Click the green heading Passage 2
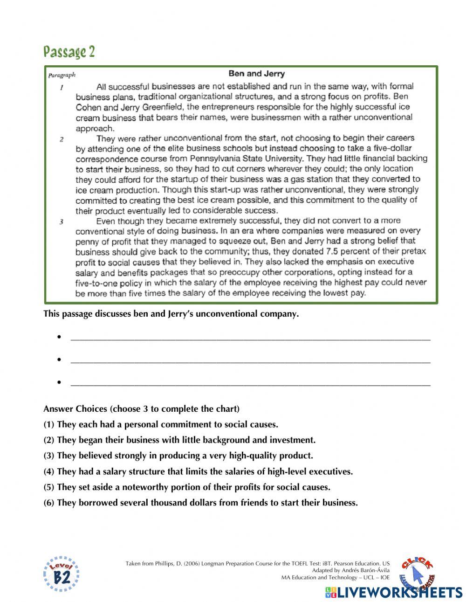[x=69, y=51]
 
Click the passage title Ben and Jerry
[x=256, y=74]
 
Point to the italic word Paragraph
[x=62, y=75]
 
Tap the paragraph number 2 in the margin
[x=62, y=139]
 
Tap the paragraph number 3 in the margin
[x=62, y=221]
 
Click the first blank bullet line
[x=250, y=338]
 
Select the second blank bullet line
[x=250, y=360]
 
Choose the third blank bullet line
[x=250, y=383]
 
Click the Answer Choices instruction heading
[x=141, y=409]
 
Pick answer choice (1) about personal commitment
[x=160, y=424]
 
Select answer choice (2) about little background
[x=179, y=440]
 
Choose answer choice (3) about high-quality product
[x=178, y=456]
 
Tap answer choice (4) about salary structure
[x=198, y=471]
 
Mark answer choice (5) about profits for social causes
[x=186, y=487]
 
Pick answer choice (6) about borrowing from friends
[x=200, y=503]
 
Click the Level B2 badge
[x=61, y=574]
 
